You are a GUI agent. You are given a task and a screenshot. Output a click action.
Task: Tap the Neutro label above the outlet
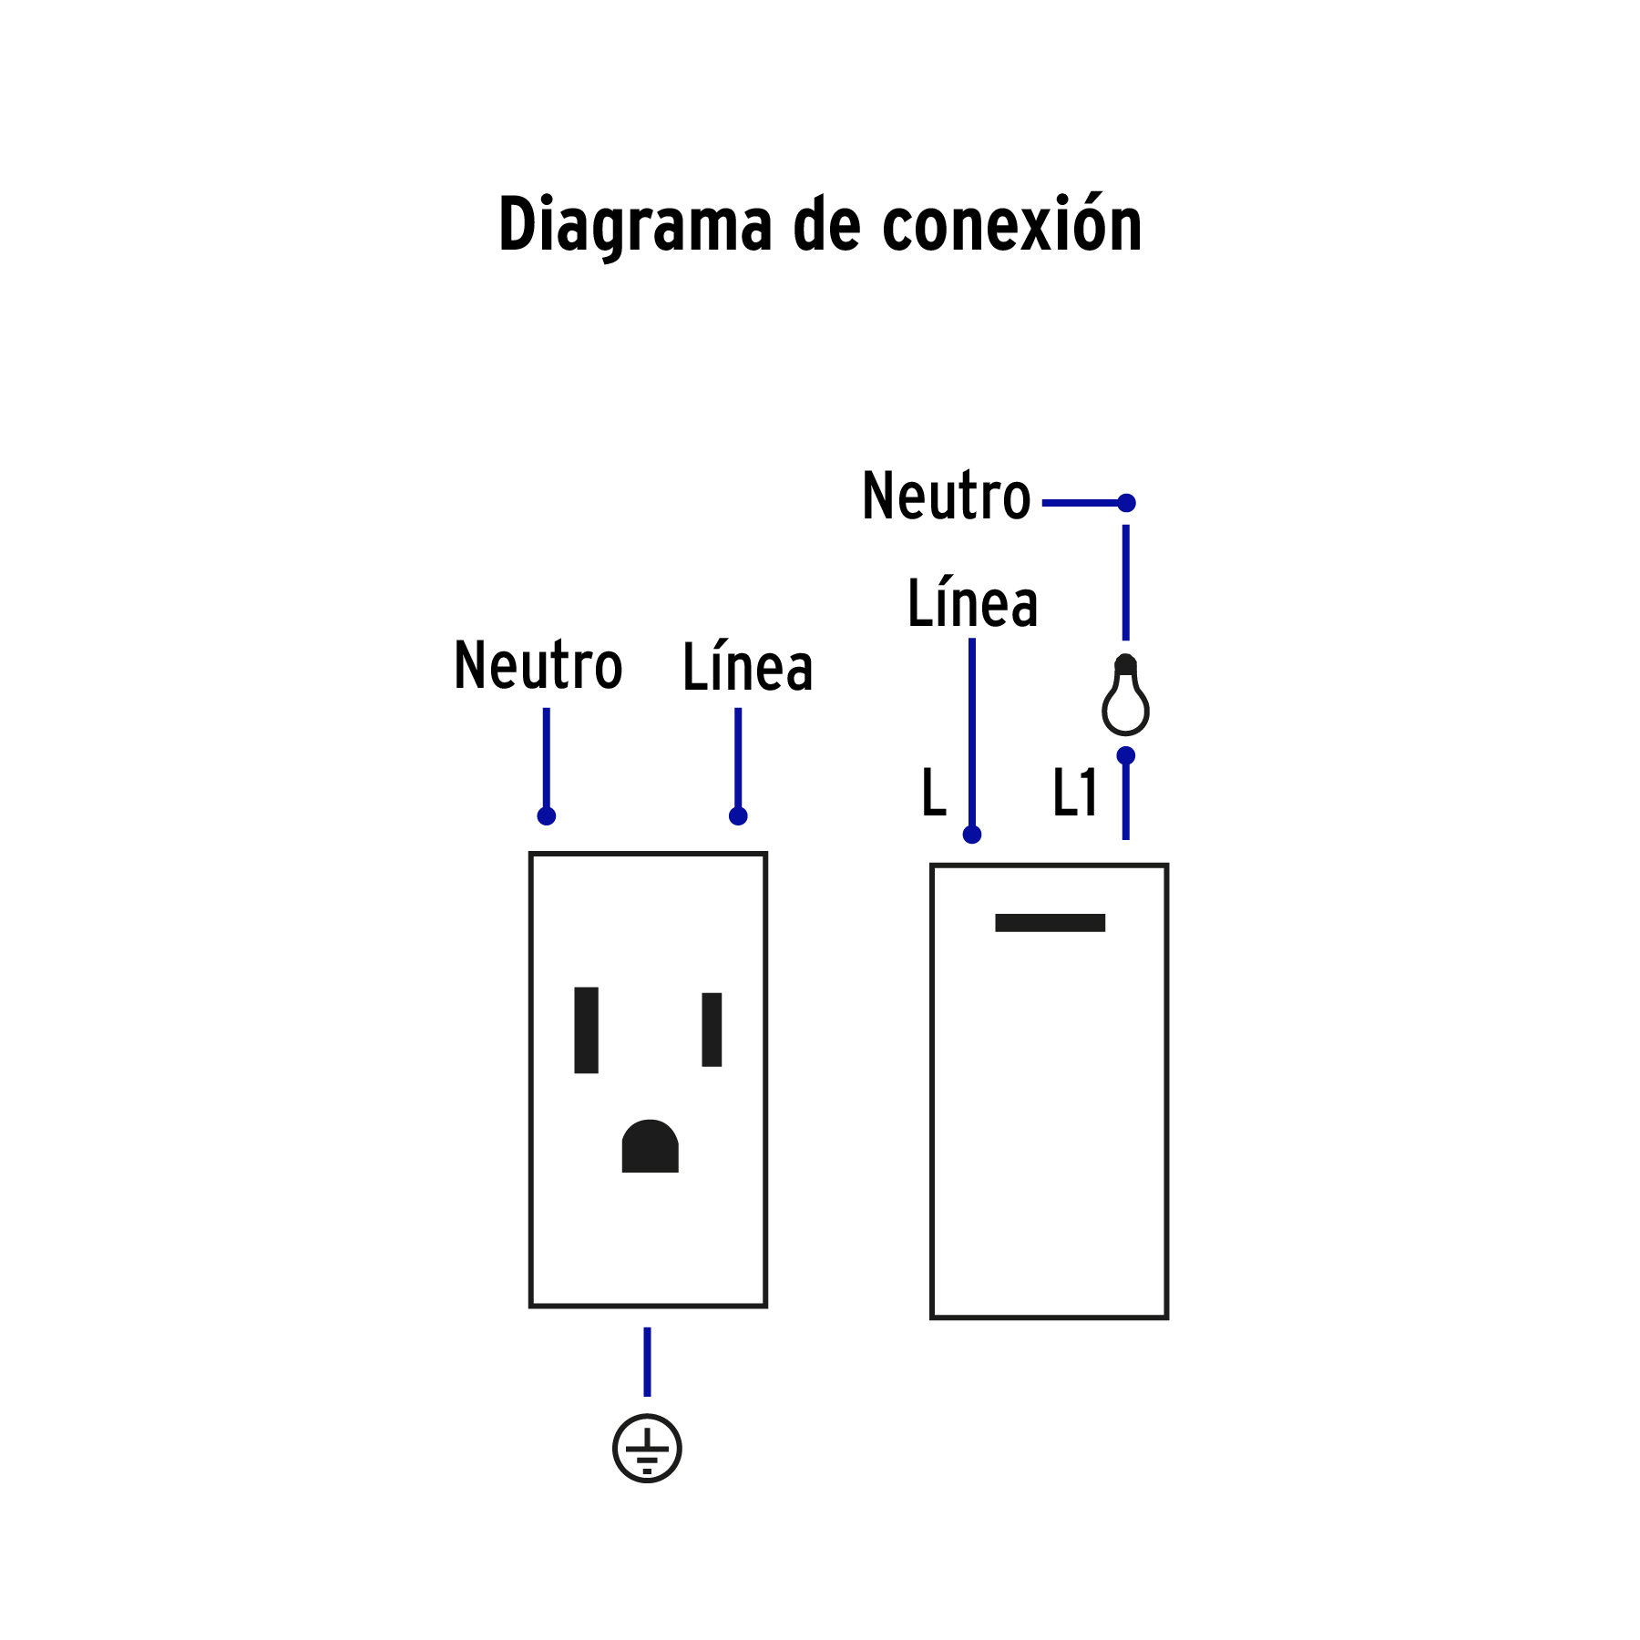538,666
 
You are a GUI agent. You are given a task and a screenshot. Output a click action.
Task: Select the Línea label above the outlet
747,668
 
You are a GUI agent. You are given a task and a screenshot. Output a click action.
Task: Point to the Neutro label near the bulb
946,497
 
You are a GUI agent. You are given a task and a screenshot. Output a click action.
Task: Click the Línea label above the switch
972,604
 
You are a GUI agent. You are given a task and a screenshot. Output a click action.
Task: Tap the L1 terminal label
1075,793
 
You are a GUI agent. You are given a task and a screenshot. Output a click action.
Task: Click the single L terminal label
934,793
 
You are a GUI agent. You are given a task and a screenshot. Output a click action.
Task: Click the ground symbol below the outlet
647,1449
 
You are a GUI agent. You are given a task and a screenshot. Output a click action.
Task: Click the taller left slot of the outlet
586,1030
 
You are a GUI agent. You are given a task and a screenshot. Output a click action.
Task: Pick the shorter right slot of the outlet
712,1030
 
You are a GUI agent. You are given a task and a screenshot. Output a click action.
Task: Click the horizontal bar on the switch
1050,923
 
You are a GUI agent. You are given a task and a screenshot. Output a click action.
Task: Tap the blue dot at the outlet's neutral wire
547,815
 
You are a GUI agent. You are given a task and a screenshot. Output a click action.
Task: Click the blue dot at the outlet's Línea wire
738,815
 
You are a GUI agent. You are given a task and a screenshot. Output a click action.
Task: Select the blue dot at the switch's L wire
972,835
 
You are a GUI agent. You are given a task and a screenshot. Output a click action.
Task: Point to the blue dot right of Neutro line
1126,503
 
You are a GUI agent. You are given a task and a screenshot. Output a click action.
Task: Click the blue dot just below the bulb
1126,755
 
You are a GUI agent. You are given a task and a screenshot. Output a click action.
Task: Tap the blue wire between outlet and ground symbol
647,1362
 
